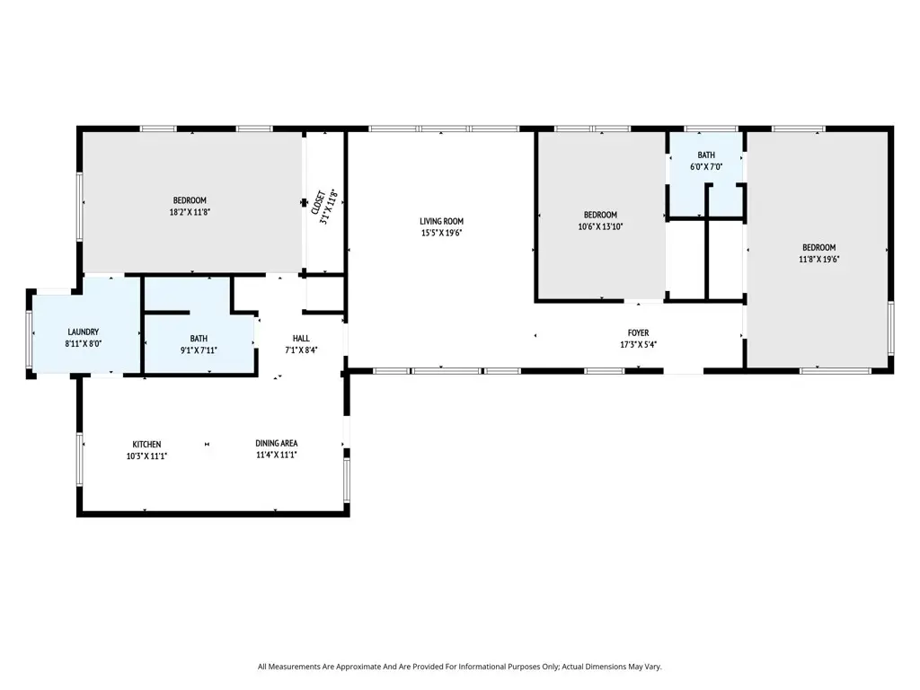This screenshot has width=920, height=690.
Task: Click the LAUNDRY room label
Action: (x=82, y=332)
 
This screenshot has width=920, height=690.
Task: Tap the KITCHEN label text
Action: (x=146, y=444)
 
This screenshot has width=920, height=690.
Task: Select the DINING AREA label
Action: (x=276, y=444)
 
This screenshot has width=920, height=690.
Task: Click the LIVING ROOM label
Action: (x=441, y=221)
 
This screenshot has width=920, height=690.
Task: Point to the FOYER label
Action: (x=638, y=333)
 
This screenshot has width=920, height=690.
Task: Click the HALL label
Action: (x=301, y=339)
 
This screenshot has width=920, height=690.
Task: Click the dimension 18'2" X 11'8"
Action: (x=190, y=212)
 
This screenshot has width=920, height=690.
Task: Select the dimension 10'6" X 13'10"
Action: (x=600, y=226)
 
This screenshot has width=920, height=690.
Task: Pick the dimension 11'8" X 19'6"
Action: (x=818, y=259)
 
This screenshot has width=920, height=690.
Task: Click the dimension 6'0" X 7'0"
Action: (x=706, y=167)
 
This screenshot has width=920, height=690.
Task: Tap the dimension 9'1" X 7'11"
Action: (x=198, y=350)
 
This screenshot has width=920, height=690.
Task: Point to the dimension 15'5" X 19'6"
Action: (x=441, y=233)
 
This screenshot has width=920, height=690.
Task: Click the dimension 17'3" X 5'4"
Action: (x=638, y=345)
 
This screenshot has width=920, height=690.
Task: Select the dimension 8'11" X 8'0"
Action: (x=82, y=343)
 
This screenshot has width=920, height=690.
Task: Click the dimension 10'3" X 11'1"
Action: (x=146, y=456)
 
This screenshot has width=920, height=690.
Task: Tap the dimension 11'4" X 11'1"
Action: (x=276, y=456)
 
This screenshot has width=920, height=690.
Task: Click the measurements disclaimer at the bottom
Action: (x=459, y=667)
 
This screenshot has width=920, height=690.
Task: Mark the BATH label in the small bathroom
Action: (x=706, y=155)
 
